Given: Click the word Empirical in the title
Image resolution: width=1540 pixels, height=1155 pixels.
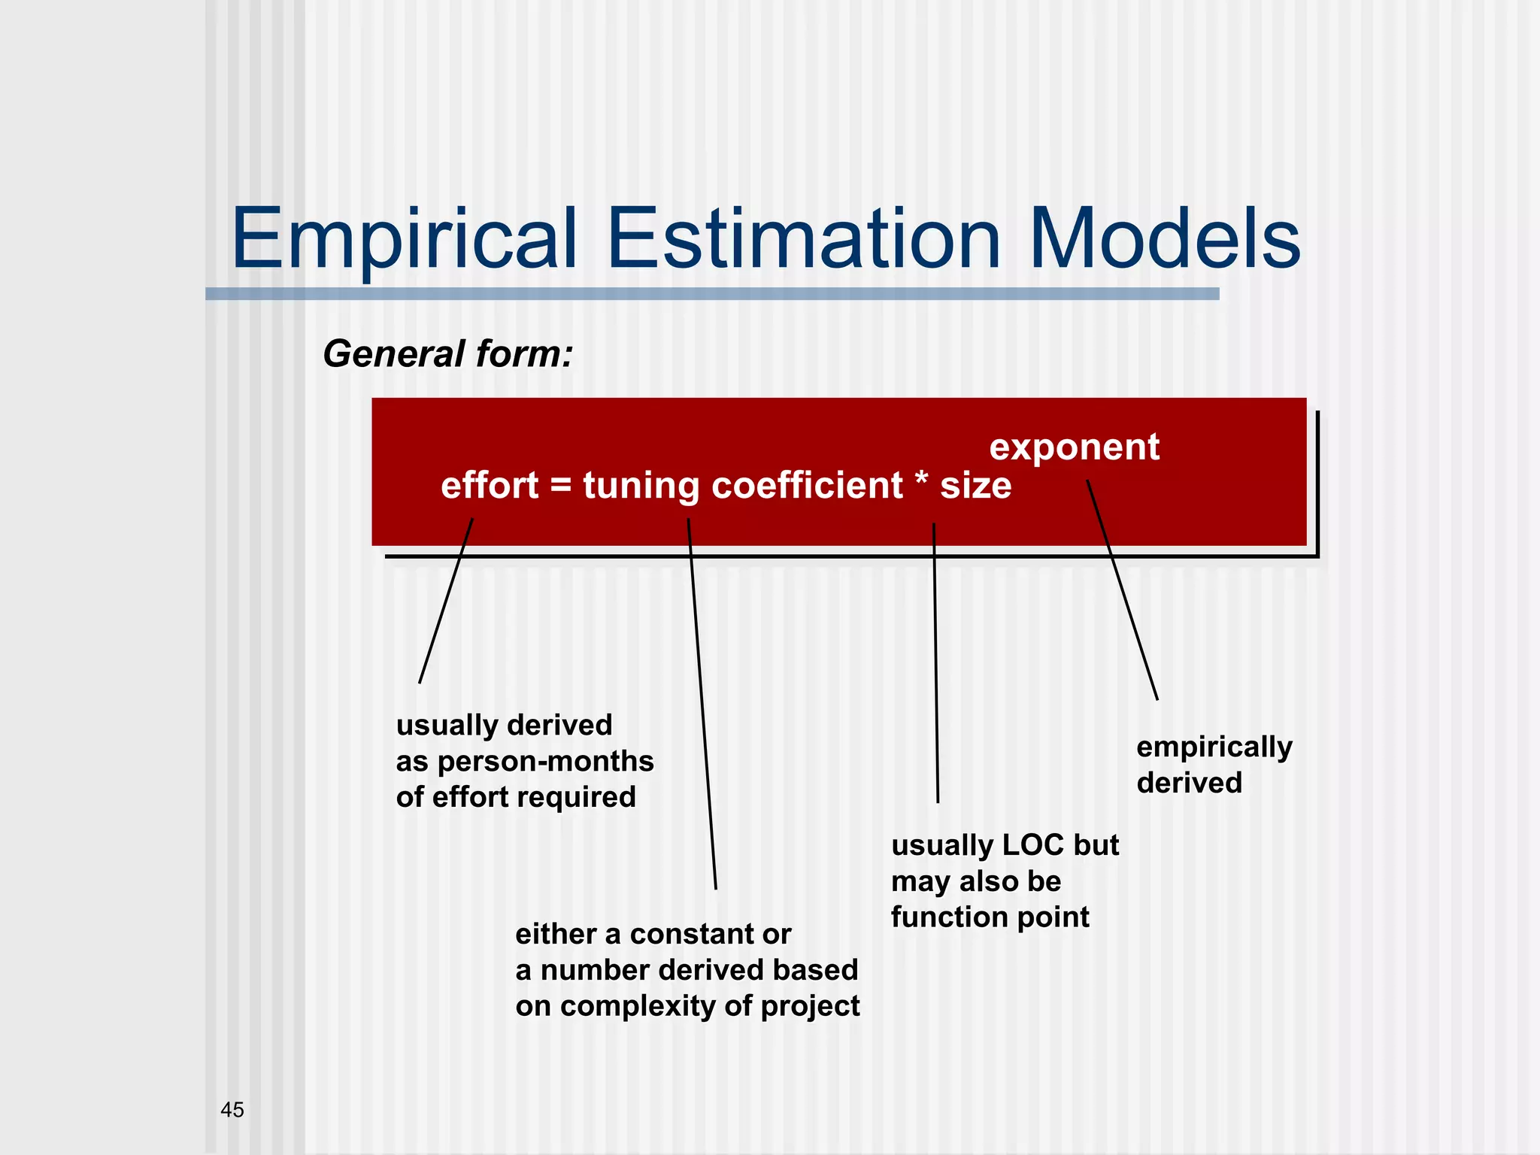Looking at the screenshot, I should [x=404, y=239].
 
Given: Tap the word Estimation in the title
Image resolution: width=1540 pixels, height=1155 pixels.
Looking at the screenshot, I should [x=802, y=239].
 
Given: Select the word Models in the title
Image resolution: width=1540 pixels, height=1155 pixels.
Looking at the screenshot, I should [x=1164, y=239].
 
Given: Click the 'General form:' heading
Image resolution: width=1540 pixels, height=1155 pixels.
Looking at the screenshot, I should [x=447, y=353].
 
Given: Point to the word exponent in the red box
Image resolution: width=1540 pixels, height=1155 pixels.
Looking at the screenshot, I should [x=1074, y=447].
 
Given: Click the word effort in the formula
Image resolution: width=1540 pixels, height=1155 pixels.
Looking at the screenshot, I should [x=490, y=485].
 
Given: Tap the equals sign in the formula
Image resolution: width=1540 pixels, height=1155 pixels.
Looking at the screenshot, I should [x=561, y=485].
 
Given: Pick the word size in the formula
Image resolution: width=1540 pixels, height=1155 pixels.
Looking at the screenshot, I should [x=975, y=487].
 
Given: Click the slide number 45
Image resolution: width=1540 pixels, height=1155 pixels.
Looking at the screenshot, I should [x=232, y=1110].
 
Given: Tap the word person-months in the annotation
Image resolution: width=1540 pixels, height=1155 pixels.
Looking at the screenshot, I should [x=545, y=762].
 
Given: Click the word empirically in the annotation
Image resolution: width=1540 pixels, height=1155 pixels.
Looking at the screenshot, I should [x=1214, y=747].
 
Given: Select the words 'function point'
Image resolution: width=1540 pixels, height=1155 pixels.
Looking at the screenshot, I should [x=990, y=917].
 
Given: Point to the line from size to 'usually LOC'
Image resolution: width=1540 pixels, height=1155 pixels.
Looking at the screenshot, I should [x=935, y=662].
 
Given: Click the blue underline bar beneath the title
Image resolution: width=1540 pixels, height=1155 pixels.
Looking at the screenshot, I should [x=711, y=294].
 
